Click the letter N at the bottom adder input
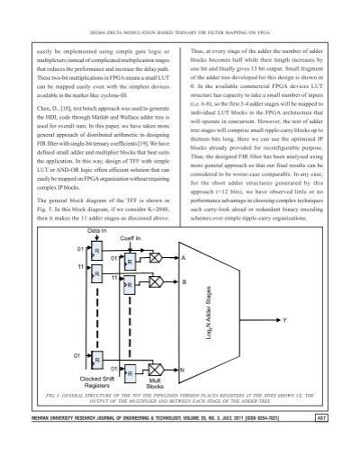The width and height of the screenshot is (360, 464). pyautogui.click(x=184, y=370)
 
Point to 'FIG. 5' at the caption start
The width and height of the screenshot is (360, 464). pyautogui.click(x=60, y=395)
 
